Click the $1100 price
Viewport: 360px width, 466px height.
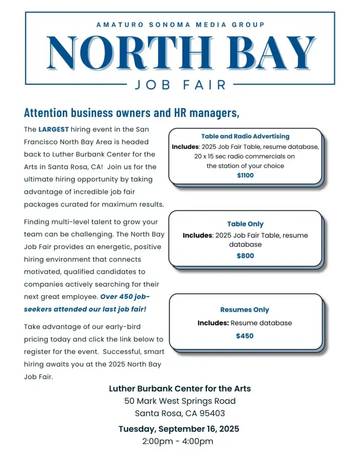(245, 175)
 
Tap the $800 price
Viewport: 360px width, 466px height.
(245, 256)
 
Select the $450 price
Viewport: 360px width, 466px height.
(245, 336)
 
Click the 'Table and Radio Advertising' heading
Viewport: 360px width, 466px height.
(245, 136)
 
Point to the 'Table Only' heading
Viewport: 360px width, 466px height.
(245, 224)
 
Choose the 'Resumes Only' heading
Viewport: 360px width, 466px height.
(245, 310)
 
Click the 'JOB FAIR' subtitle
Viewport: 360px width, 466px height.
(180, 85)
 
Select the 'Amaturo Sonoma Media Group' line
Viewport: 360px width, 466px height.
(180, 25)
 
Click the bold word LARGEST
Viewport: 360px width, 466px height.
(53, 130)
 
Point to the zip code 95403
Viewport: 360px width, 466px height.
(211, 414)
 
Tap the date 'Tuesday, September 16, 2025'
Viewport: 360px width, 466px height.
(179, 429)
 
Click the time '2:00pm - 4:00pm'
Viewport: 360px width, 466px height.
(178, 441)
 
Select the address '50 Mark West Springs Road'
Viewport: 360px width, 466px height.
(180, 401)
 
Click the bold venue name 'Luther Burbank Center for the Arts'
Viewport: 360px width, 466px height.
(180, 389)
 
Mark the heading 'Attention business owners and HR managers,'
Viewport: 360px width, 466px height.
(132, 112)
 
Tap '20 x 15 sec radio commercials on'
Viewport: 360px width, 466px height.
(245, 157)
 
